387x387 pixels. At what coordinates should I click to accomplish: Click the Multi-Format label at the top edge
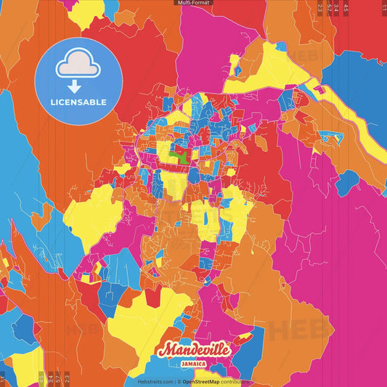click(x=193, y=3)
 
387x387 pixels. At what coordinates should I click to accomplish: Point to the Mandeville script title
click(x=194, y=350)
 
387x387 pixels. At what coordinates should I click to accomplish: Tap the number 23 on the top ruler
click(x=320, y=7)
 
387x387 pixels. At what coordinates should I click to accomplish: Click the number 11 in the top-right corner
click(x=383, y=7)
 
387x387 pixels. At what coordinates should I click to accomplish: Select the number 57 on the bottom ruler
click(x=57, y=378)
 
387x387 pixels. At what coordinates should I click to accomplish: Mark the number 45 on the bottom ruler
click(x=41, y=378)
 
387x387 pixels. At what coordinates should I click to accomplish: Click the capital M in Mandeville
click(x=166, y=349)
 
